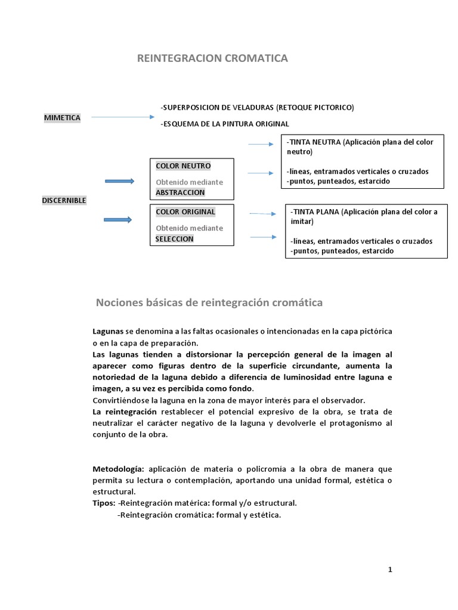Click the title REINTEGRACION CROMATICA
tap(212, 58)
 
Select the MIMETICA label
tap(62, 118)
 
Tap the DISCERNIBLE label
tap(64, 200)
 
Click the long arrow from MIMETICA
tap(122, 117)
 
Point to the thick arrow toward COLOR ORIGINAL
tap(118, 220)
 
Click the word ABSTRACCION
tap(180, 192)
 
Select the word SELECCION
tap(174, 239)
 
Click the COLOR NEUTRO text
tap(183, 166)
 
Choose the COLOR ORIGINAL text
tap(185, 211)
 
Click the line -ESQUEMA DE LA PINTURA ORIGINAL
tap(225, 124)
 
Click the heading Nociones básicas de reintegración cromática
tap(209, 303)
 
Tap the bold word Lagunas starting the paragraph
tap(108, 331)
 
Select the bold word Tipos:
tap(104, 503)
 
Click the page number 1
tap(390, 569)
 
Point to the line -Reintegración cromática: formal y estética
tap(199, 515)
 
